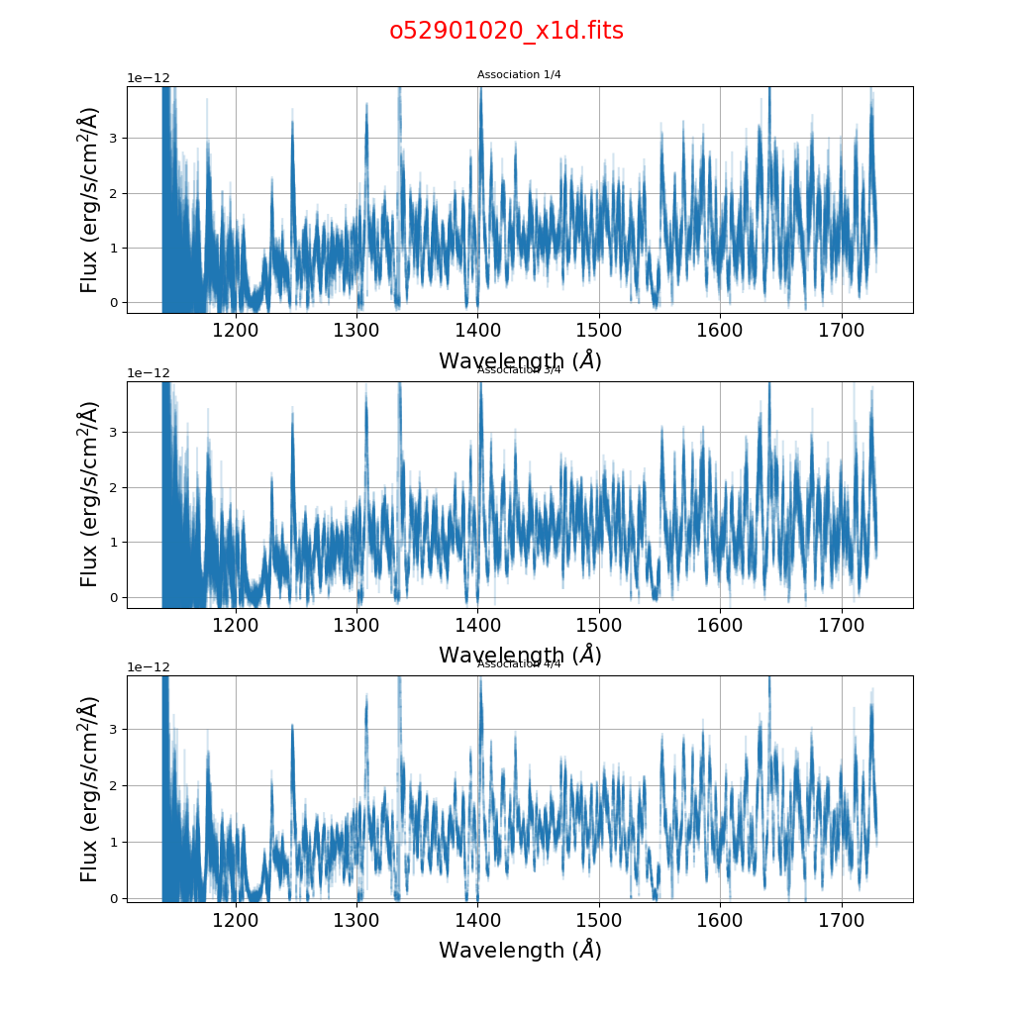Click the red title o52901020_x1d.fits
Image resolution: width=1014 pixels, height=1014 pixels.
pyautogui.click(x=506, y=31)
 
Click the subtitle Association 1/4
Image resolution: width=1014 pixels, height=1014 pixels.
pyautogui.click(x=519, y=75)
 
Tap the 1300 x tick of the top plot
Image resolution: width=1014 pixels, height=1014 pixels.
pyautogui.click(x=356, y=329)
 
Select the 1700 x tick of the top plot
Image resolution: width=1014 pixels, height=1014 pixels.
pyautogui.click(x=841, y=329)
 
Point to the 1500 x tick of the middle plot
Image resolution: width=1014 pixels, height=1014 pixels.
pyautogui.click(x=598, y=624)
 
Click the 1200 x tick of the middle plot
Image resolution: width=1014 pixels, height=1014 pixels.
pyautogui.click(x=236, y=624)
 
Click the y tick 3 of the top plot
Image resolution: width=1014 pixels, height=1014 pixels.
pyautogui.click(x=114, y=139)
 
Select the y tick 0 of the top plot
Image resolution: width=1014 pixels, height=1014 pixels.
pyautogui.click(x=114, y=303)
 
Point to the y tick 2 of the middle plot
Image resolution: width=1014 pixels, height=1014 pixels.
pyautogui.click(x=114, y=487)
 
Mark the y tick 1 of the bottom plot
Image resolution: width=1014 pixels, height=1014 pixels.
pyautogui.click(x=114, y=843)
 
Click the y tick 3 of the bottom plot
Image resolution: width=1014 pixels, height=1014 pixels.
pyautogui.click(x=114, y=730)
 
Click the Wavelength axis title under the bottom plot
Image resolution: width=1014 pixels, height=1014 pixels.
pyautogui.click(x=520, y=950)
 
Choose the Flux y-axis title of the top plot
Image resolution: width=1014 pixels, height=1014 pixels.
pyautogui.click(x=89, y=200)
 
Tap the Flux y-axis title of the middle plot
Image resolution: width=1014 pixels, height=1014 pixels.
pyautogui.click(x=89, y=494)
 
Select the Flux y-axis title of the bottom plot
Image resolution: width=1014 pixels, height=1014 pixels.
pyautogui.click(x=89, y=789)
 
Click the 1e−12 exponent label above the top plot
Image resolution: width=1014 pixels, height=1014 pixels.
pyautogui.click(x=149, y=78)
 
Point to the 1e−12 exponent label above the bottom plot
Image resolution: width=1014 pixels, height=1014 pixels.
pyautogui.click(x=149, y=667)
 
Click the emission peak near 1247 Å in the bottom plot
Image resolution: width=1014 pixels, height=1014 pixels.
pyautogui.click(x=292, y=728)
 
